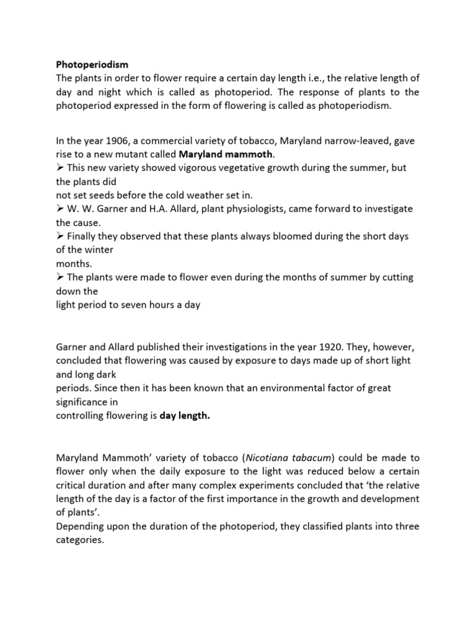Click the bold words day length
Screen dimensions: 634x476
click(185, 416)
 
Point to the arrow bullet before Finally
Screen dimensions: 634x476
click(60, 237)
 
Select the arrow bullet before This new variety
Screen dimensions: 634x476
click(60, 168)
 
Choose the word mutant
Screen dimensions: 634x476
click(144, 155)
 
